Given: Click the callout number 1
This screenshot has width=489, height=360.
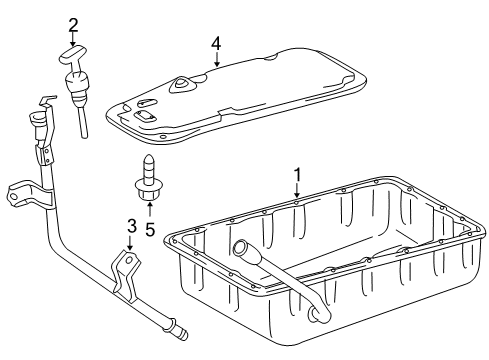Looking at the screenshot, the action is [297, 176].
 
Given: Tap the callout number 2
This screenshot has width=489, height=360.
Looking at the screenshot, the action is [73, 26].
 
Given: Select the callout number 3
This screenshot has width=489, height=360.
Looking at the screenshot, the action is [132, 226].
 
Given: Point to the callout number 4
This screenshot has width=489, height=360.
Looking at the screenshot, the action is [216, 44].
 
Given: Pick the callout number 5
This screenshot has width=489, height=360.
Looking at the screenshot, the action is [150, 229].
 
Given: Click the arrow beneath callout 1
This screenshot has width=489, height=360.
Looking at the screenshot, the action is [297, 191].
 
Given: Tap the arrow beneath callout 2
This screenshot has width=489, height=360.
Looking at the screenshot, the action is [73, 39].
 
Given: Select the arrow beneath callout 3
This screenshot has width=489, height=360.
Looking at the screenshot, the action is [129, 243].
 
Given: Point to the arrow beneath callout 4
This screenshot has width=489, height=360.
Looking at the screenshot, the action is [217, 59].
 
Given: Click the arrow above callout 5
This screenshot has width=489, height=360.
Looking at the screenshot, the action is [150, 209].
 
